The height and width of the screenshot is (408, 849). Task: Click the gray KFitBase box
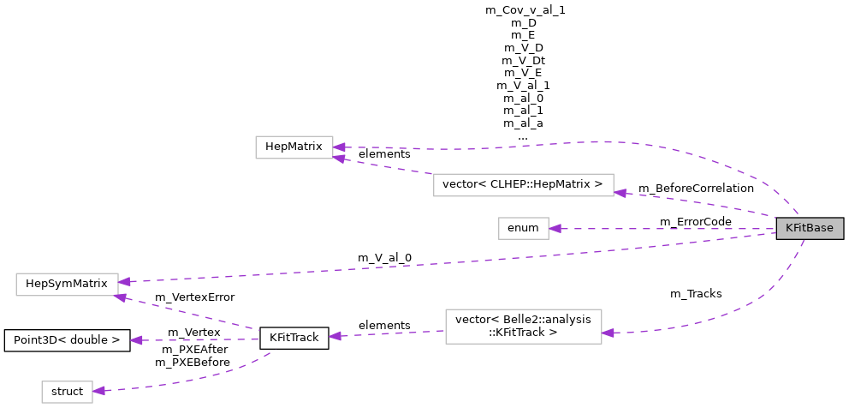click(x=810, y=228)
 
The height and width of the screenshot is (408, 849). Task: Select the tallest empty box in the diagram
click(x=523, y=327)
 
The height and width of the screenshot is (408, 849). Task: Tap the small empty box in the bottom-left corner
click(x=67, y=392)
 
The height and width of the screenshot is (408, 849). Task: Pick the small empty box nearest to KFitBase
click(x=523, y=229)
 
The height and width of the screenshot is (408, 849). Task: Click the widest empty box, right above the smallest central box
click(x=523, y=185)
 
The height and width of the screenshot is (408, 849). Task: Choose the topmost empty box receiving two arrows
click(x=294, y=147)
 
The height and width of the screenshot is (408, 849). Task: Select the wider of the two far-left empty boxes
click(x=67, y=285)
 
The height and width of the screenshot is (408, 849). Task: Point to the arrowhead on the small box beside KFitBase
click(x=555, y=229)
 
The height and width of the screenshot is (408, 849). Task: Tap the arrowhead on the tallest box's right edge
click(x=609, y=333)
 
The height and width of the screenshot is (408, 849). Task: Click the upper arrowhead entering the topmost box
click(x=340, y=147)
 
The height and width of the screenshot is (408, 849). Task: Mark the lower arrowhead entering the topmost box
click(x=340, y=159)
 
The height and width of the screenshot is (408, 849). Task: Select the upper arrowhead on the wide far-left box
click(x=125, y=281)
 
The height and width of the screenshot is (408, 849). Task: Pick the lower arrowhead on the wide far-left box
click(x=121, y=297)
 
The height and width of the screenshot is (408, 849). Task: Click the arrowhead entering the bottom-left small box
click(x=99, y=390)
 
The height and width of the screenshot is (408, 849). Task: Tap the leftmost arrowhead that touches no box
click(x=136, y=340)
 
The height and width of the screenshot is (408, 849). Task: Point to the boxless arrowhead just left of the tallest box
click(x=335, y=336)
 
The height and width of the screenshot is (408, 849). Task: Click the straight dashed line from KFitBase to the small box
click(x=668, y=229)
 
